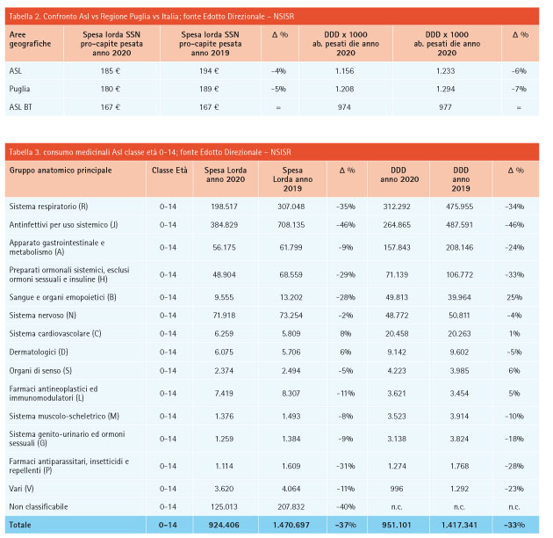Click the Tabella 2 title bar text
[x=151, y=17]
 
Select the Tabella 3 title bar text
[x=150, y=152]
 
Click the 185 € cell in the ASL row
[x=111, y=71]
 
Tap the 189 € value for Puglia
[x=209, y=89]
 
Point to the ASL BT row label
[x=20, y=107]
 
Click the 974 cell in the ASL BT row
[x=344, y=107]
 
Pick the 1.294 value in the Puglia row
[x=445, y=89]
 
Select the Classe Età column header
[x=169, y=171]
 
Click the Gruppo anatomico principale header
[x=61, y=171]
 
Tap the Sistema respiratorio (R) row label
[x=48, y=207]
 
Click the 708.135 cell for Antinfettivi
[x=291, y=225]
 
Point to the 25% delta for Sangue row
[x=514, y=297]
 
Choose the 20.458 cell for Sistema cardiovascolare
[x=397, y=334]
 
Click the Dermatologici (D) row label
[x=39, y=353]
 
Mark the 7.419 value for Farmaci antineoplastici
[x=224, y=394]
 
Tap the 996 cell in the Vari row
[x=397, y=489]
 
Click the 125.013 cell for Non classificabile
[x=224, y=507]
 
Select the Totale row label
[x=20, y=525]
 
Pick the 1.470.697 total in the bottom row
[x=291, y=526]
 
